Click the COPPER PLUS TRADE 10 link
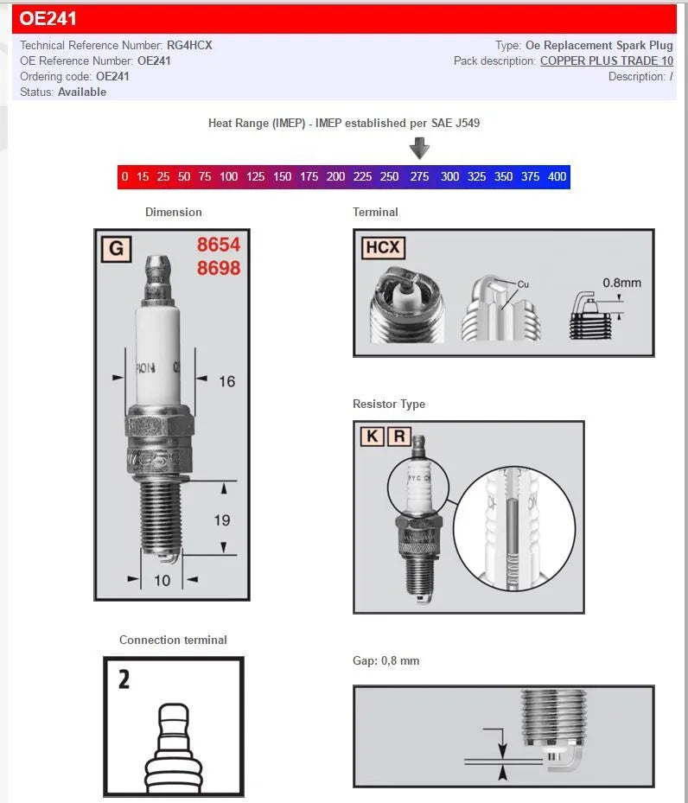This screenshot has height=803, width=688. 606,61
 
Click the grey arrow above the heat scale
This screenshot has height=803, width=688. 419,149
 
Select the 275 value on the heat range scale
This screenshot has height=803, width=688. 419,176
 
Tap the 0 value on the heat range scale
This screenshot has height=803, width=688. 125,176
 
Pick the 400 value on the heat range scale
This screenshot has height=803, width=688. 557,176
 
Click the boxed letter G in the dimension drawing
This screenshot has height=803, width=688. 116,250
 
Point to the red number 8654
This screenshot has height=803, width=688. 218,245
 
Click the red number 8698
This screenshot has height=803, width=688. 218,268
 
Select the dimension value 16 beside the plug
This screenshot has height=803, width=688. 226,381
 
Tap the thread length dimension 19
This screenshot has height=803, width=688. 222,519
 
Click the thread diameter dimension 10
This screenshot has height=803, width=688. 162,580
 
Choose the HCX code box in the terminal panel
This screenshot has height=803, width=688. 382,248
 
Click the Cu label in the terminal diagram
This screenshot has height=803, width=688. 523,284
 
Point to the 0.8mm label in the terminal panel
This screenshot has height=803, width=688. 621,283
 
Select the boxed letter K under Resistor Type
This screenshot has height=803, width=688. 372,436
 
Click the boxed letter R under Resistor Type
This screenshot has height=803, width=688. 398,436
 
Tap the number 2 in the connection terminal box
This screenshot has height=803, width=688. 124,679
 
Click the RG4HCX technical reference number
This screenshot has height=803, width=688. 189,45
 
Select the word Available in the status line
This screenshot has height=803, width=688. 82,92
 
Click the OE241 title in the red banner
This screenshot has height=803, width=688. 48,18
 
